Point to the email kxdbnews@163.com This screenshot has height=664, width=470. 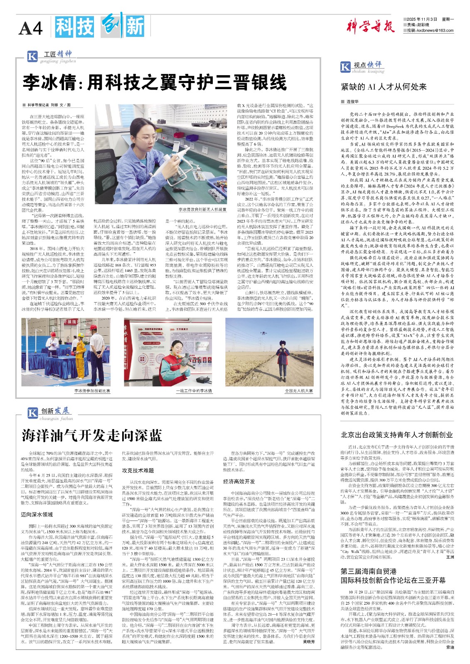point(435,30)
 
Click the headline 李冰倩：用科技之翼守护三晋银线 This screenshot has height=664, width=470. point(155,82)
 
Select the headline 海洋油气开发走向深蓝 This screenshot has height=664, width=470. point(92,435)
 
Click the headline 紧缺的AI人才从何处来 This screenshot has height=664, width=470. point(383,87)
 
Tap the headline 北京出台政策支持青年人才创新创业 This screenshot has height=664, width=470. point(396,435)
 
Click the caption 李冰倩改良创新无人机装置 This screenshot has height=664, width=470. point(202,210)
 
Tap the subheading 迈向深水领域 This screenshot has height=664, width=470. point(37,514)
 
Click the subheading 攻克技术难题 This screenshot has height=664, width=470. point(138,471)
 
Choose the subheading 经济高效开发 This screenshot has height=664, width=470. point(239,481)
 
